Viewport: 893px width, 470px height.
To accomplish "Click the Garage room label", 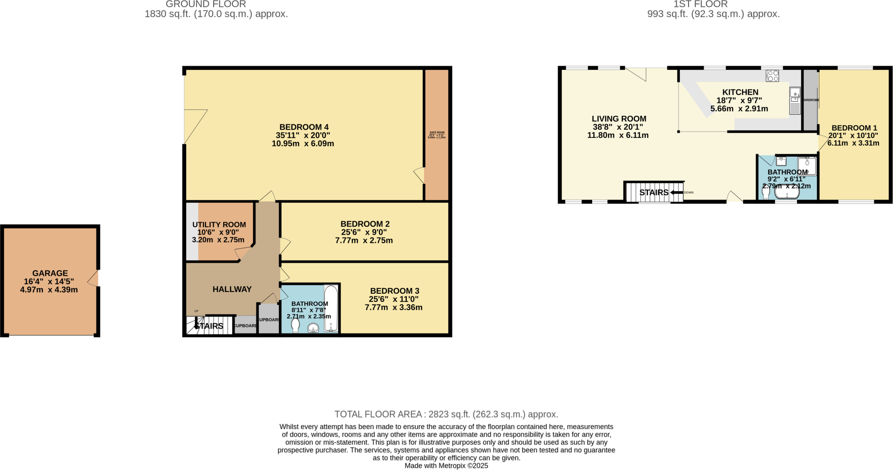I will [x=50, y=273].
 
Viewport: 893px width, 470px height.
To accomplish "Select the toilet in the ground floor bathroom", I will [x=296, y=326].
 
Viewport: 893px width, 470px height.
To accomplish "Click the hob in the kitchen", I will [x=772, y=75].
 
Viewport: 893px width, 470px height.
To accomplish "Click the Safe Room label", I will [x=437, y=133].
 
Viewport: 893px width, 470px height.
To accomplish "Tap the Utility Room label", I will [x=219, y=225].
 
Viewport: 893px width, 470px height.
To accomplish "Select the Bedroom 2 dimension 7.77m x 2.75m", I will [x=364, y=240].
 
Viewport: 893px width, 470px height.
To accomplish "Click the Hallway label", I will [x=232, y=289].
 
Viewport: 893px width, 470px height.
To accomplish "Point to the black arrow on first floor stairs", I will [x=676, y=192].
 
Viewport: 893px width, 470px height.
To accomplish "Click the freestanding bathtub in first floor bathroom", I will [x=787, y=192].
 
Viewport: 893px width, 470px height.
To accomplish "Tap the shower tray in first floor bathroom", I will [x=807, y=166].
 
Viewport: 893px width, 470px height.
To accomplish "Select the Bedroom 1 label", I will [x=854, y=128].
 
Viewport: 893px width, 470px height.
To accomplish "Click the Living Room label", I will [x=619, y=119].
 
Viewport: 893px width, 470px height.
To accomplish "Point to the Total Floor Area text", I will [x=446, y=414].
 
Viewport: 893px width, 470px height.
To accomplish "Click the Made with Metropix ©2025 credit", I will [x=446, y=466].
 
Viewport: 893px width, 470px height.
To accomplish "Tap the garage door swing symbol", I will [x=94, y=278].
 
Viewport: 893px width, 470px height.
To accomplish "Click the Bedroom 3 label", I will [x=394, y=291].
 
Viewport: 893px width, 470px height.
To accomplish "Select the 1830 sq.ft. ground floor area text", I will [x=216, y=14].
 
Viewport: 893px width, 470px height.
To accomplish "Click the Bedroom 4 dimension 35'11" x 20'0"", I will [x=303, y=135].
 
